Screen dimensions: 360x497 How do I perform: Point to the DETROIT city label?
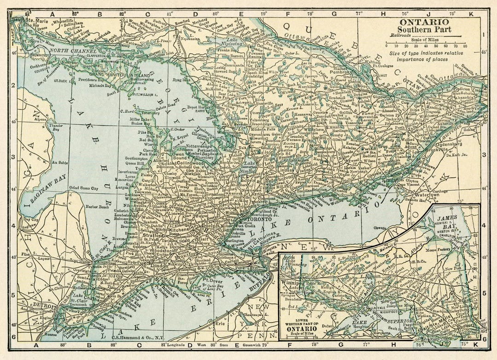tap(44, 306)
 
